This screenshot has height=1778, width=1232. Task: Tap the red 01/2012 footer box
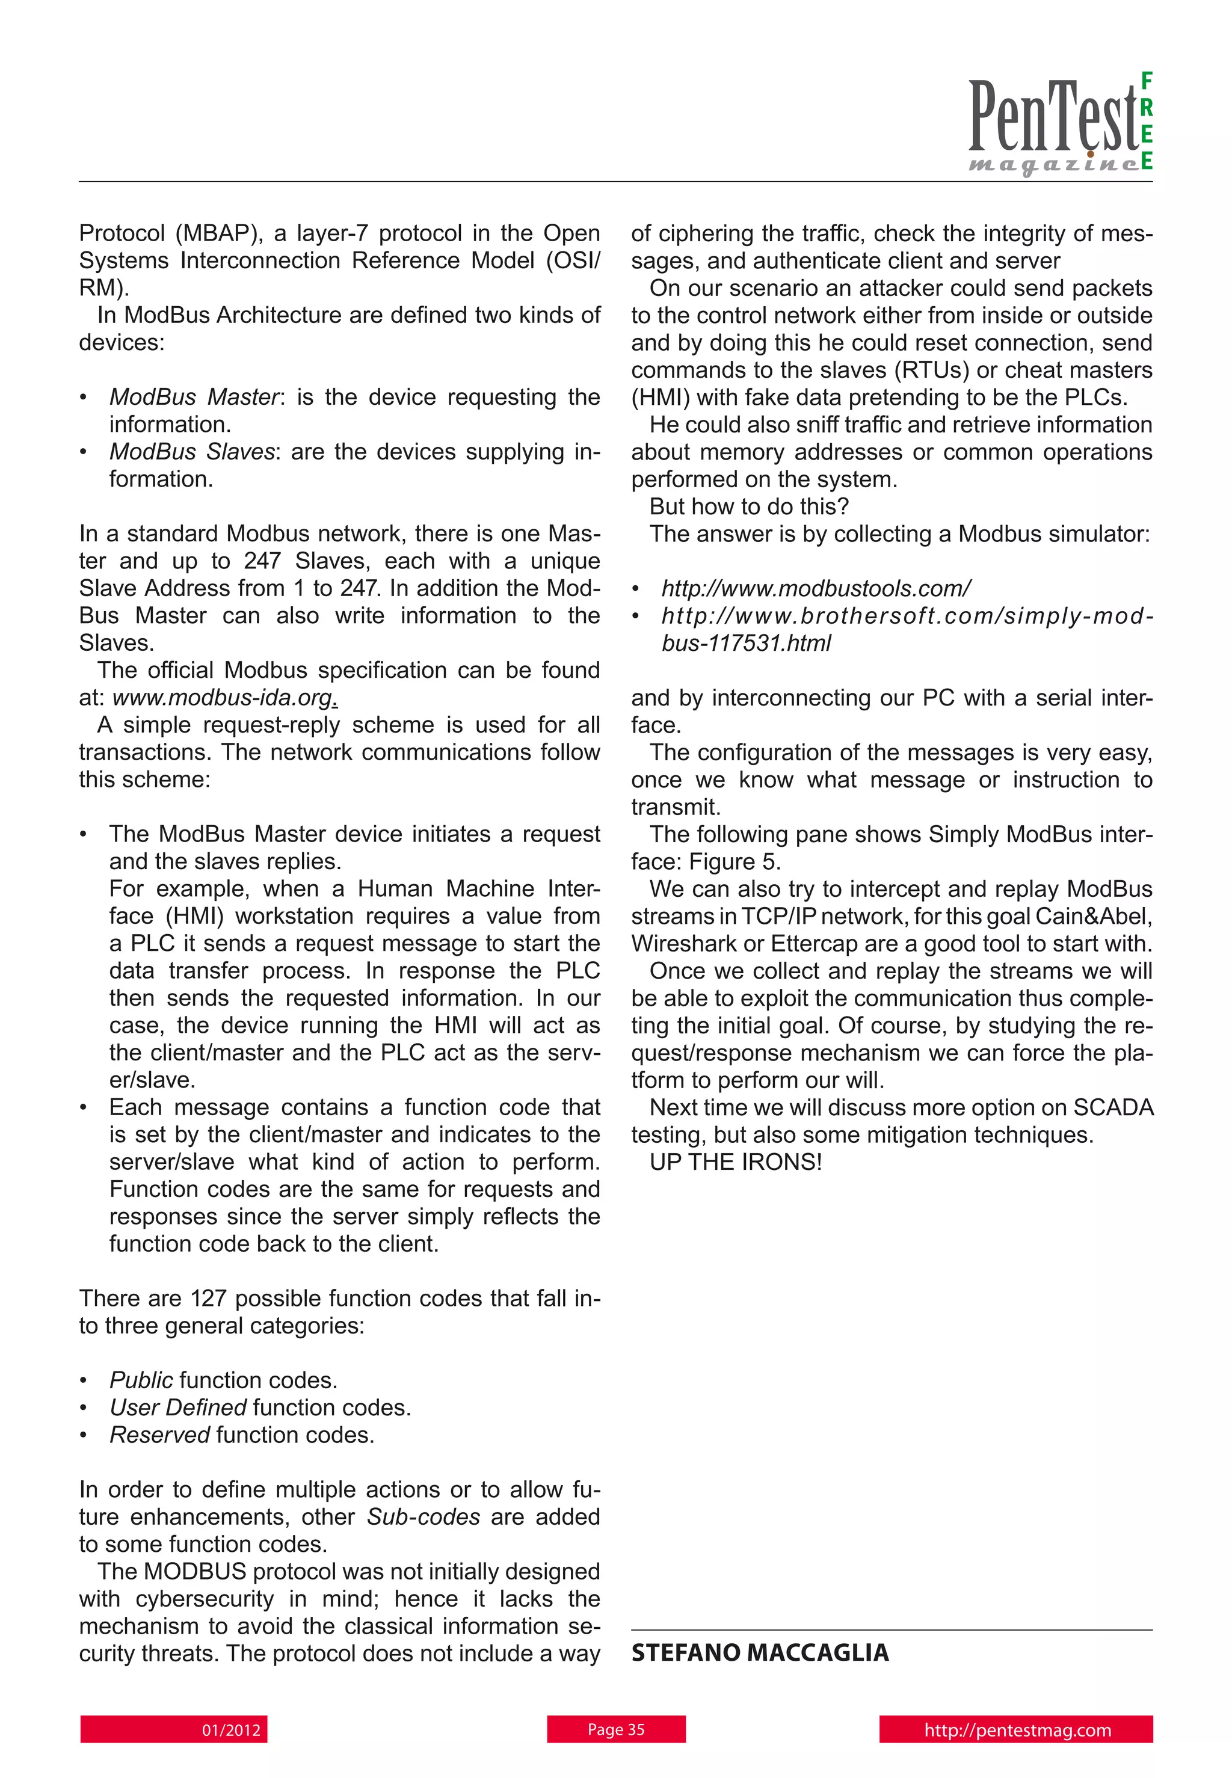(x=174, y=1729)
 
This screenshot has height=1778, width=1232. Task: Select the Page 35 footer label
(x=616, y=1729)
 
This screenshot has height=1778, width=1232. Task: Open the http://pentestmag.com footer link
(x=1016, y=1729)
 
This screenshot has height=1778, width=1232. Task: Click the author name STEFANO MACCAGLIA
(x=760, y=1652)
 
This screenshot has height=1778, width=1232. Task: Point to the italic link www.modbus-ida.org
(x=224, y=698)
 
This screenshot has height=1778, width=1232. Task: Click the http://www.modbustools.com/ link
(x=816, y=588)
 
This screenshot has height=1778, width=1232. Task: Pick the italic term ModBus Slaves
(x=191, y=452)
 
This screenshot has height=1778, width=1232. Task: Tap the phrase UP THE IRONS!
(x=736, y=1161)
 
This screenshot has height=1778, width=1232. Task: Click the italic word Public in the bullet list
(x=141, y=1380)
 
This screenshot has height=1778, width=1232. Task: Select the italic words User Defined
(x=177, y=1407)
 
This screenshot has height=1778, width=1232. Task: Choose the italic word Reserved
(x=159, y=1435)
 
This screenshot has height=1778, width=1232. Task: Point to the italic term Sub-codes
(x=423, y=1516)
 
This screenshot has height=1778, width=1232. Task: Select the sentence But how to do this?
(x=749, y=506)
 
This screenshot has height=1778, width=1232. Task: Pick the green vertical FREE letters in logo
(x=1147, y=120)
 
